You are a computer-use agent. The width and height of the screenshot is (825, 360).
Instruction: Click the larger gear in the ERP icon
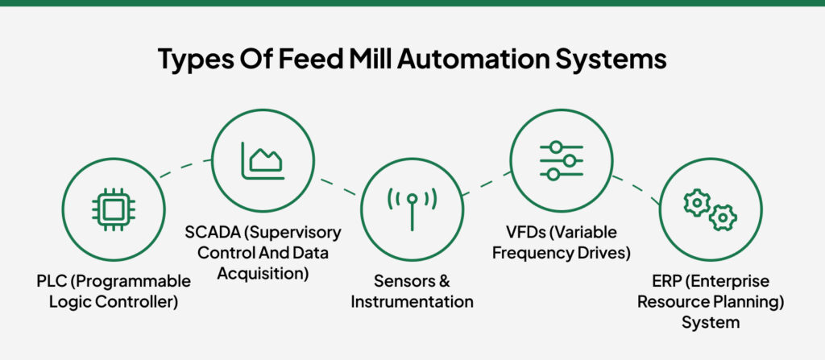(x=696, y=203)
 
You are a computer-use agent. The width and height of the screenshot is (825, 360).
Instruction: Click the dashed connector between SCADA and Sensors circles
(x=338, y=186)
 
